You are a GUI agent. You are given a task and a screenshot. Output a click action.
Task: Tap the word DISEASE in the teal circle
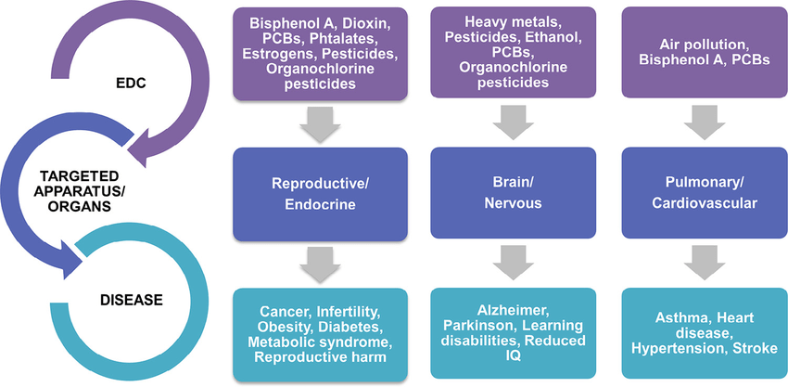pyautogui.click(x=132, y=300)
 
